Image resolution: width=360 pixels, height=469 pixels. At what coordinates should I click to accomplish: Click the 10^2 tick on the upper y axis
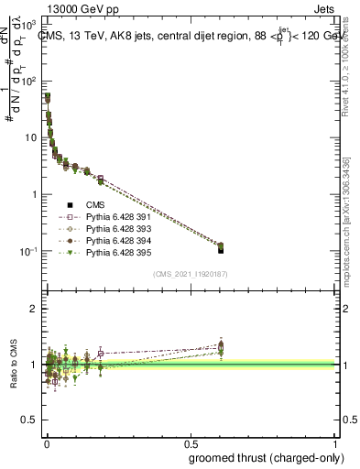[30, 81]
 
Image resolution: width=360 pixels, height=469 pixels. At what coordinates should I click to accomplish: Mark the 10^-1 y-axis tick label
[29, 251]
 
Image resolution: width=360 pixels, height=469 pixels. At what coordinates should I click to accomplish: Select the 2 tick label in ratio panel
[36, 309]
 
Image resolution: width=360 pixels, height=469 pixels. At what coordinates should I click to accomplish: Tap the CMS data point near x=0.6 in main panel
[221, 248]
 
